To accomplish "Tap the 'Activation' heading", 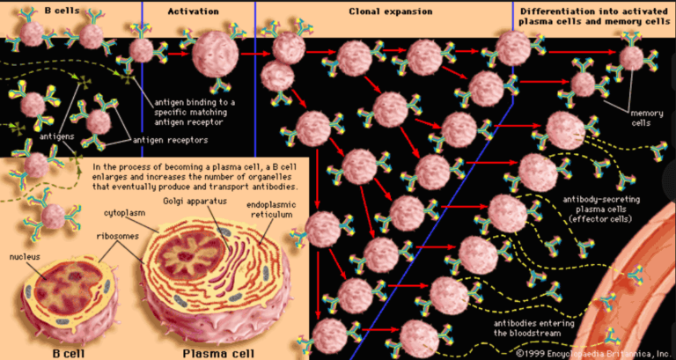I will coord(193,11).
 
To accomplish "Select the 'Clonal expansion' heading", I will coord(391,11).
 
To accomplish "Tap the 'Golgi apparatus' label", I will coord(195,202).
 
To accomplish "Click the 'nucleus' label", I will coord(24,257).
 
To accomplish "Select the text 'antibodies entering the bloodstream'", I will coord(512,327).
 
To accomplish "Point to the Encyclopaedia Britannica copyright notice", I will coord(594,352).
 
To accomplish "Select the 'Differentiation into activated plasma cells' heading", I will coord(592,15).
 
